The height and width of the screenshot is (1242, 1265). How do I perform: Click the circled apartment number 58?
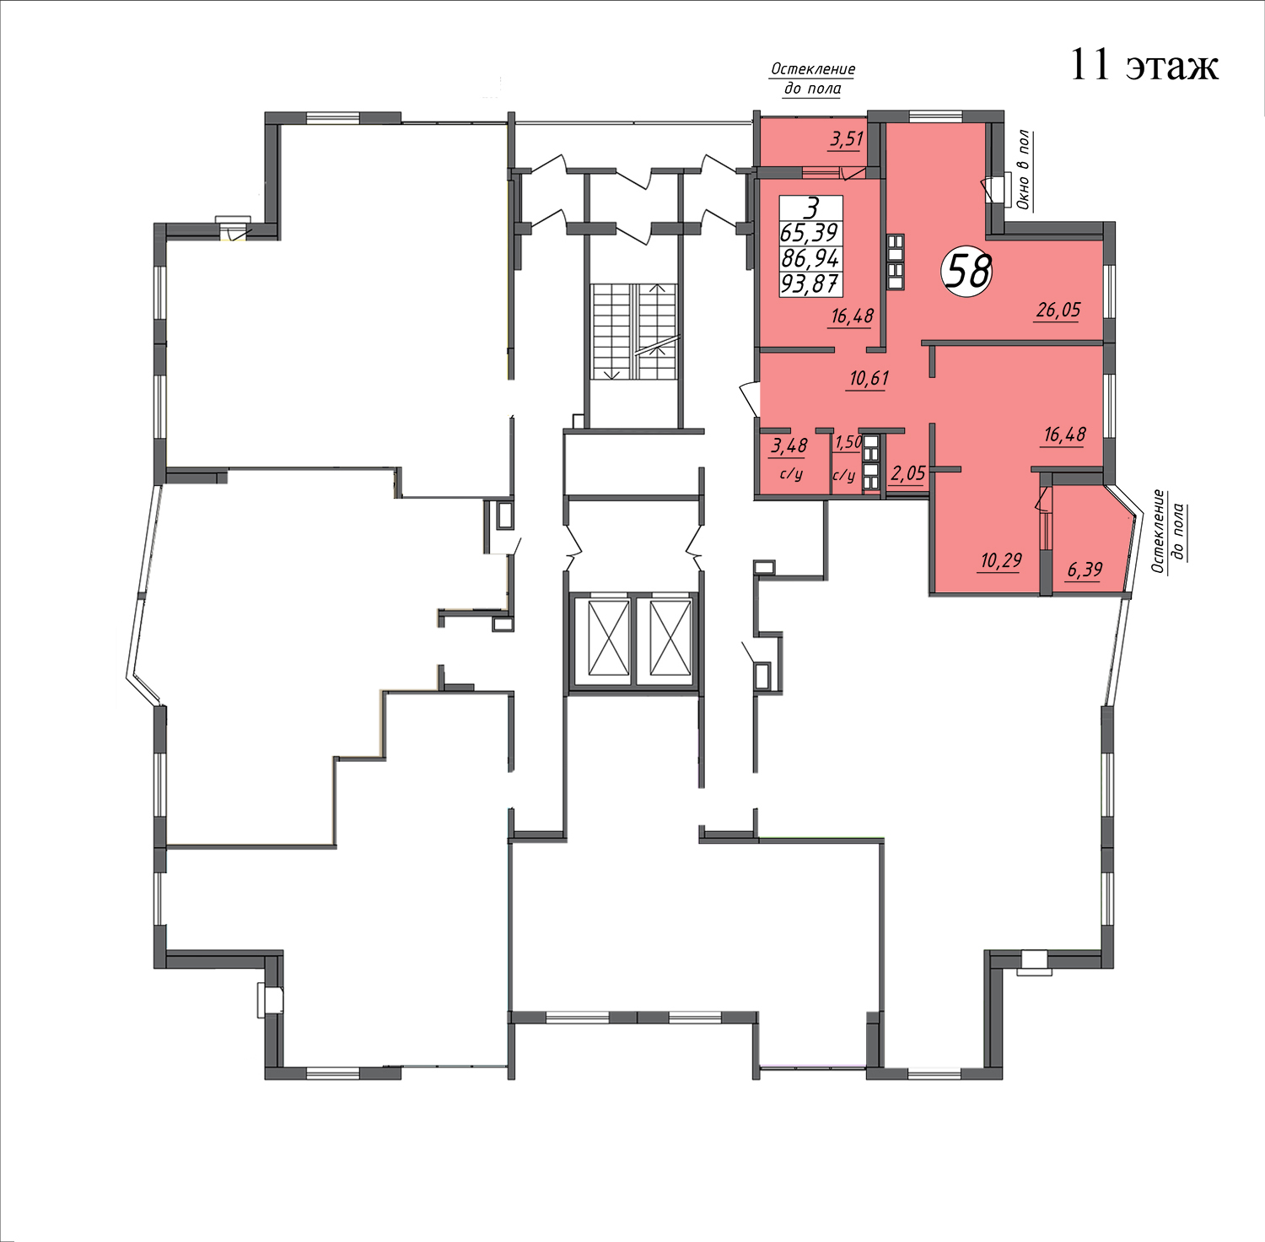[967, 271]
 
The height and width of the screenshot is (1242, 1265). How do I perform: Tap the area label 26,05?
[1058, 310]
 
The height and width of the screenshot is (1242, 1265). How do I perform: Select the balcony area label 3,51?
[846, 138]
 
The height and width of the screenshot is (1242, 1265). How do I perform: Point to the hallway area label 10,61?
[869, 378]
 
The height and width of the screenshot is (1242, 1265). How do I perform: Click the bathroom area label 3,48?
[789, 445]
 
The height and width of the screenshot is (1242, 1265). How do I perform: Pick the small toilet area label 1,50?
[848, 442]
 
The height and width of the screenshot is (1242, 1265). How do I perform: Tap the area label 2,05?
[907, 473]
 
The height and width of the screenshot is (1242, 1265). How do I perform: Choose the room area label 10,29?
[1001, 560]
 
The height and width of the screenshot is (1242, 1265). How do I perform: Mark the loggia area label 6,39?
[1085, 570]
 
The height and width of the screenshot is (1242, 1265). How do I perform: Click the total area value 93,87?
[810, 283]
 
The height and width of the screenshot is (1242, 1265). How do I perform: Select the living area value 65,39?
[810, 233]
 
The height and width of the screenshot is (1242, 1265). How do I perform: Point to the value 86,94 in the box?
[810, 258]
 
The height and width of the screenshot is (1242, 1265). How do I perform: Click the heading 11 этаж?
[1144, 65]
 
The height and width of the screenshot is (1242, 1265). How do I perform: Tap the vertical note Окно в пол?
[1023, 170]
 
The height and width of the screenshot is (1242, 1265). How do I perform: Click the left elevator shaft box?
[609, 638]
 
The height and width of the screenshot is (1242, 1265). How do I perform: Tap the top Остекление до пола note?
[812, 78]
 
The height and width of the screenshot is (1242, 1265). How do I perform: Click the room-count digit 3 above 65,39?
[811, 208]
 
